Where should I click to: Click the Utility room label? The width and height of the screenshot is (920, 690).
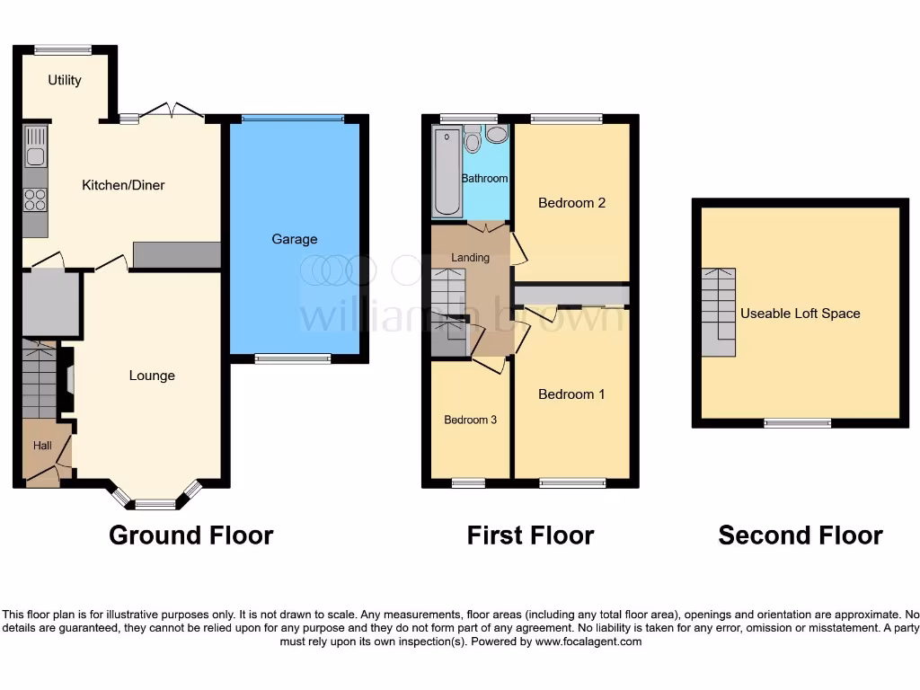coord(65,80)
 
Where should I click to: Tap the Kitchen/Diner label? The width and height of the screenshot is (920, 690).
coord(123,185)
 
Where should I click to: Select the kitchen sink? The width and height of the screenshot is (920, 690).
coord(35,147)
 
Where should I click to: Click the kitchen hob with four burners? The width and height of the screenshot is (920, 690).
coord(35,199)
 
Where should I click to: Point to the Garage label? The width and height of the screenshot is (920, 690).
coord(295,239)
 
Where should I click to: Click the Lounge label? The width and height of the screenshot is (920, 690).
coord(151,376)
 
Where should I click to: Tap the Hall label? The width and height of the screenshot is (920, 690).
coord(43,446)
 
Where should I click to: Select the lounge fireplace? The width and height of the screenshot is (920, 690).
coord(66,381)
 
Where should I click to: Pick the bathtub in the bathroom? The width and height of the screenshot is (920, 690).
coord(446,172)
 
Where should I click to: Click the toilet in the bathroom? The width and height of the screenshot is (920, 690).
coord(473,142)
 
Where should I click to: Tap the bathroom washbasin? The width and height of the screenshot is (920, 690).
coord(497,133)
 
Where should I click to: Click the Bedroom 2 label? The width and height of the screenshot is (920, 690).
coord(571,203)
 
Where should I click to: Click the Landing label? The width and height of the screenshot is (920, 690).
coord(470,258)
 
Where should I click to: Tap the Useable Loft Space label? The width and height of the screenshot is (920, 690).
coord(800,314)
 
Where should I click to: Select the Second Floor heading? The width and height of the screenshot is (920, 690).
coord(800,535)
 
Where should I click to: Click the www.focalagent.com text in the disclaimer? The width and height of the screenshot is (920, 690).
coord(582,641)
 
